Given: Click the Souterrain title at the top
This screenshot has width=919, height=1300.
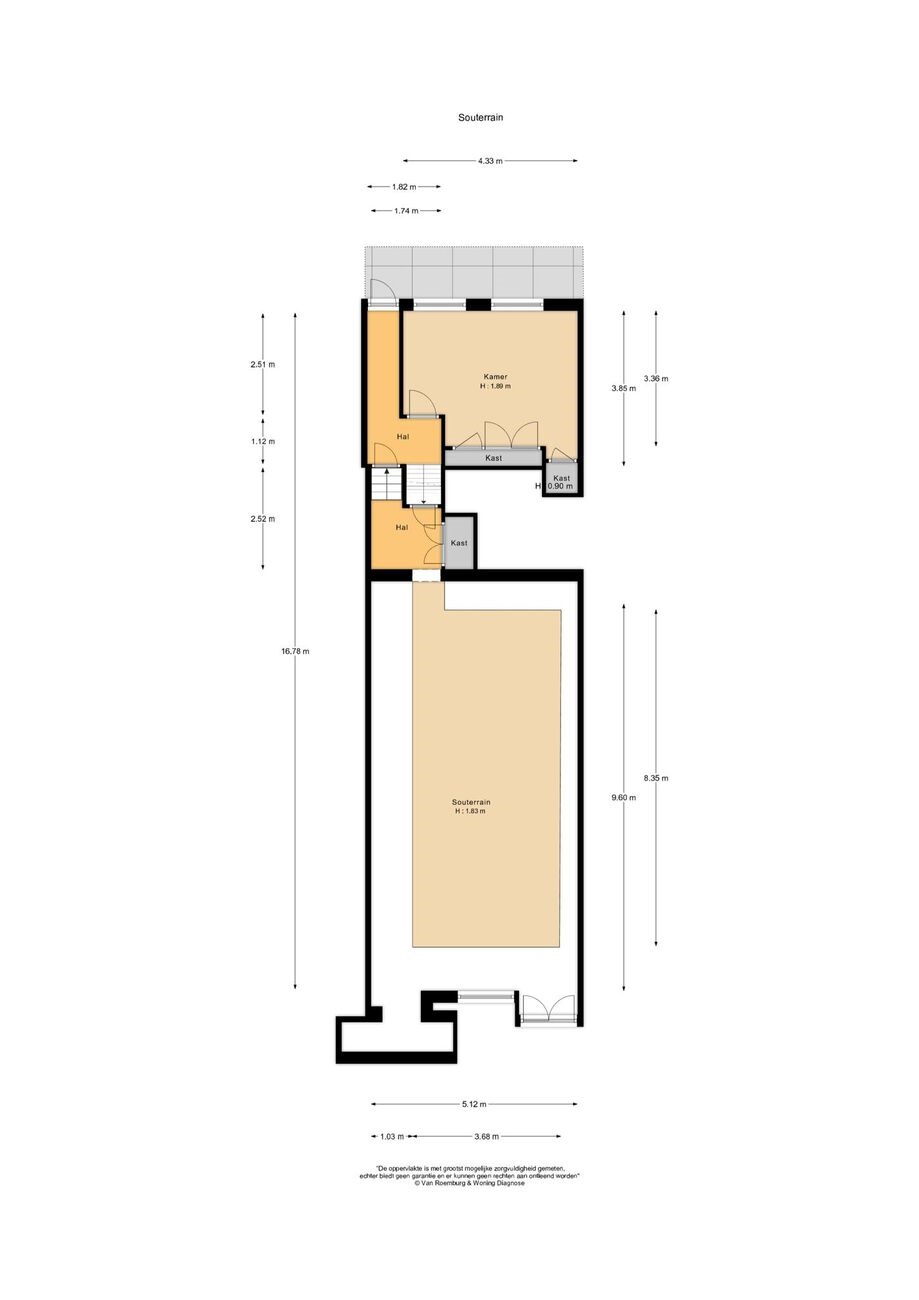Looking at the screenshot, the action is click(x=480, y=117).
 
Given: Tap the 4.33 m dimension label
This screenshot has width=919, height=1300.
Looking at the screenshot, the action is click(x=490, y=161).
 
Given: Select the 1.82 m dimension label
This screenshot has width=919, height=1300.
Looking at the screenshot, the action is click(x=404, y=187).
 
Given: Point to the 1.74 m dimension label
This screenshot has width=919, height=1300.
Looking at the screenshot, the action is click(x=406, y=211).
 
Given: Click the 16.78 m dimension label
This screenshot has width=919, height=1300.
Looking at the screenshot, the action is click(x=295, y=651).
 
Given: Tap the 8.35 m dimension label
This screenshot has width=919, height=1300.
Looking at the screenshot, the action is click(x=656, y=778).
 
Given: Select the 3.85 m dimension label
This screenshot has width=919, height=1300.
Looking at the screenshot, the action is click(x=623, y=389).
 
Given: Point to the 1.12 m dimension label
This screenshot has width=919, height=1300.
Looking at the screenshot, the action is click(x=263, y=442).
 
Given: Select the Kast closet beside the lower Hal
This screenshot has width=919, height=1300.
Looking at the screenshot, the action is click(x=459, y=543).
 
